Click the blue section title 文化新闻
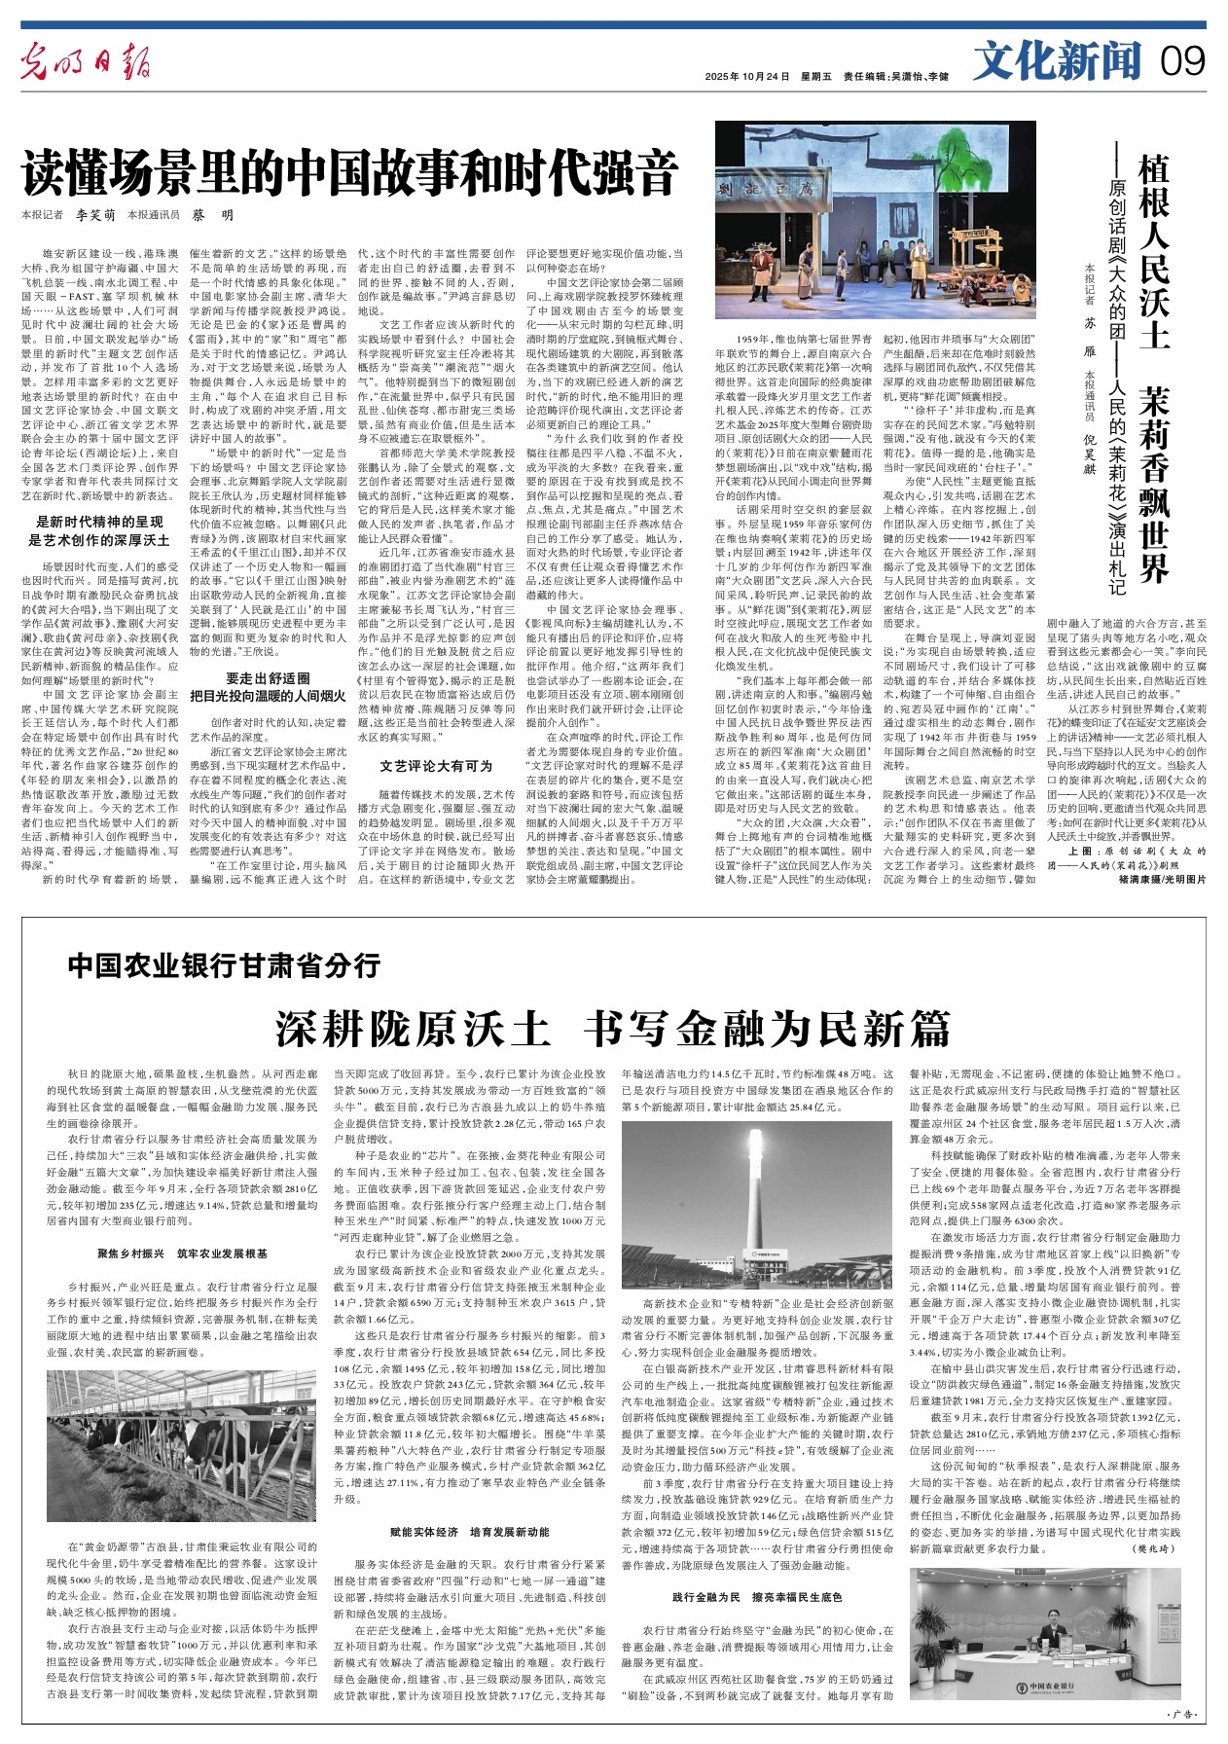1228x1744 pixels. (x=1058, y=62)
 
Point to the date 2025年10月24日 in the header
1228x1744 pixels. (x=746, y=77)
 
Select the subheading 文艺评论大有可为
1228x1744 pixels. (x=436, y=739)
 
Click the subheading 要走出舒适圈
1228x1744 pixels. (x=267, y=677)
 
